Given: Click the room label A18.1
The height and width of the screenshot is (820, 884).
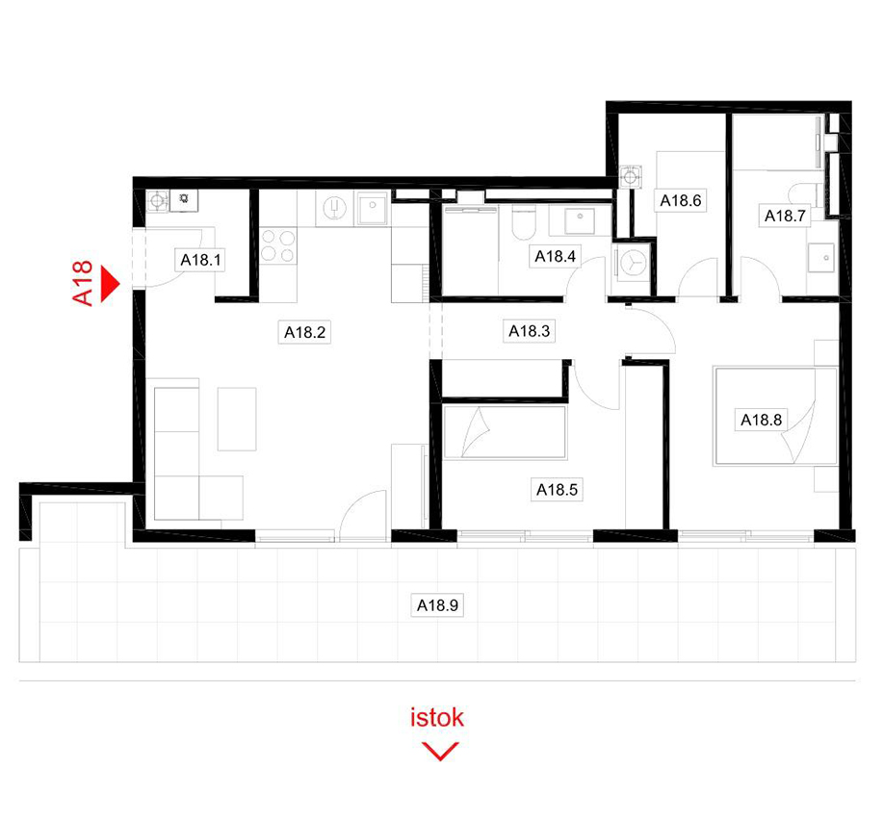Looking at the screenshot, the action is [200, 260].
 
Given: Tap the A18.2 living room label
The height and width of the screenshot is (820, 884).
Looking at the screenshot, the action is [304, 332].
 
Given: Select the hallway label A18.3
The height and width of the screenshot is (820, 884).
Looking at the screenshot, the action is [529, 331].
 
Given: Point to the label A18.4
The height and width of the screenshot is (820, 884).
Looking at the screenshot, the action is [555, 256].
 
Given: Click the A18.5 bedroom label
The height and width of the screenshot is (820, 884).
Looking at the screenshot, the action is [557, 490].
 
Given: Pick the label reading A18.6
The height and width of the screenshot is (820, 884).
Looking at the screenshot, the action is [681, 200].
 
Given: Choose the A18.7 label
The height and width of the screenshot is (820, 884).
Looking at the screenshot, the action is [785, 216].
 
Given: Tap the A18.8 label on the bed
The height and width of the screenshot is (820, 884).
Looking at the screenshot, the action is [761, 420].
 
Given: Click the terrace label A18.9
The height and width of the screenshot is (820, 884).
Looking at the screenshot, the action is [437, 605].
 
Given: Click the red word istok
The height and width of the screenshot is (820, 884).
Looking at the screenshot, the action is [437, 717].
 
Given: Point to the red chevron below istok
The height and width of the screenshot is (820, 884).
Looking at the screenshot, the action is [440, 752].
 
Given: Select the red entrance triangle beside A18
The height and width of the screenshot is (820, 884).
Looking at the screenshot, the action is [111, 284].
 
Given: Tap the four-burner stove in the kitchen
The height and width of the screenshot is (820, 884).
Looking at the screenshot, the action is [278, 245].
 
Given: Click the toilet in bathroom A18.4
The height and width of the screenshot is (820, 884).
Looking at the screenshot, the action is [523, 222].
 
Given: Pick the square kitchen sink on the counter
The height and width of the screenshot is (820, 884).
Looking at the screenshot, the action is [372, 208].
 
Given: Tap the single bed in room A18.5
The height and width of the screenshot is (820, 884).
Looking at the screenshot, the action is [504, 432].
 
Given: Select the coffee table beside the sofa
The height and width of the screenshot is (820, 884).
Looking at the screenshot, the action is [237, 419].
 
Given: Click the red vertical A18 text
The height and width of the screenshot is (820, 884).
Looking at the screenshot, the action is [82, 283].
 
